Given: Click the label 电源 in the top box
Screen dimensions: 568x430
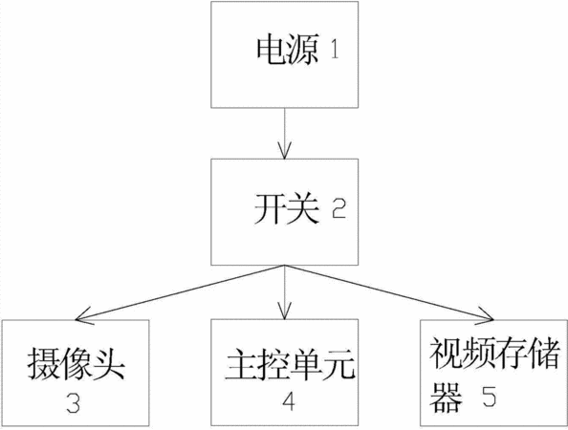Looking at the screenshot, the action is point(288,50).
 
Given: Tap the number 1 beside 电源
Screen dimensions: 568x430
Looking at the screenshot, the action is point(335,50).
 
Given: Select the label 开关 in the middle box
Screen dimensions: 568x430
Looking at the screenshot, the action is point(287,209).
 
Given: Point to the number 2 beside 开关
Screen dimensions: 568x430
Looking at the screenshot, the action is point(339,209).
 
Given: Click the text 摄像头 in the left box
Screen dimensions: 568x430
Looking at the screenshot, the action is point(76,363).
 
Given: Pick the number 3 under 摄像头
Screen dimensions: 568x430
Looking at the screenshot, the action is point(74,403).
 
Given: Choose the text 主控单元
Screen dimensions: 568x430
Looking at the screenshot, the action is point(290,364).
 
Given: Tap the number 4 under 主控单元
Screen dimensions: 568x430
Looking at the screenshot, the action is point(288,401).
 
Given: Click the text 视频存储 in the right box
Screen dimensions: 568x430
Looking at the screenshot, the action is point(494,354).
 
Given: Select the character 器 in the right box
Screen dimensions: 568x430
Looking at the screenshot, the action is point(446,398).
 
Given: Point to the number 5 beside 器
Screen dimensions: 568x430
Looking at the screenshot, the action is point(489,396).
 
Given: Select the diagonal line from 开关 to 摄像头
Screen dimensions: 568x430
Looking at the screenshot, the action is point(180,292).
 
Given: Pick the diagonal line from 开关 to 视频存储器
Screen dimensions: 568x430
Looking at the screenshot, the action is point(390,292).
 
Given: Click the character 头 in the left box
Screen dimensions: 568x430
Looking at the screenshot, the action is point(109,363).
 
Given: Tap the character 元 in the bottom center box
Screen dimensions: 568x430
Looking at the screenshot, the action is point(339,364).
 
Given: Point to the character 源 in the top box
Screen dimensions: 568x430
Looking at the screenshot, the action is point(303,50).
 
